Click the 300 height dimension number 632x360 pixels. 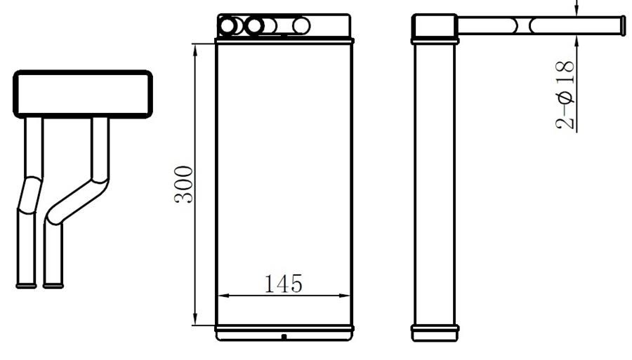pos(184,185)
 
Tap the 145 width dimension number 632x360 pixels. pos(284,284)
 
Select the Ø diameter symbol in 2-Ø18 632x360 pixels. pos(565,98)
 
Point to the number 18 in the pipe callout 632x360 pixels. pos(565,72)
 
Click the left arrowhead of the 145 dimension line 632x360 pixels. pos(223,295)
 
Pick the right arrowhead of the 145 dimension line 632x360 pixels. pos(345,295)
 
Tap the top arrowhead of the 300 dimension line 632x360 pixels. pos(195,50)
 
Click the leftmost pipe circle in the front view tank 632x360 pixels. pos(228,26)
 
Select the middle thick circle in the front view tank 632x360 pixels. pos(254,26)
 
